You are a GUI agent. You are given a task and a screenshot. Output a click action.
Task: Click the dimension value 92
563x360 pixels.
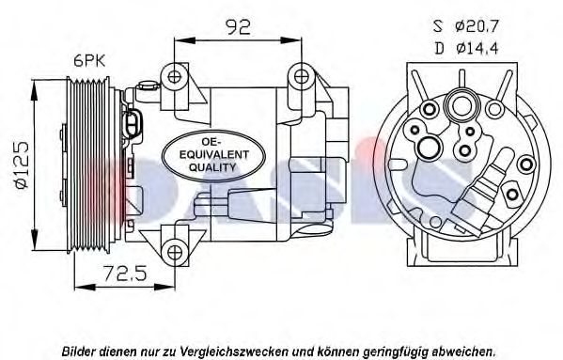238,26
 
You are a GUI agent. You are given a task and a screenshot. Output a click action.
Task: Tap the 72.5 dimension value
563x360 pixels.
125,274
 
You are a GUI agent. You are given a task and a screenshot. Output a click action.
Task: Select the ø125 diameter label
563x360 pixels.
22,165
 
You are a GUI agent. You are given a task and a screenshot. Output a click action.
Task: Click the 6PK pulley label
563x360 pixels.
89,61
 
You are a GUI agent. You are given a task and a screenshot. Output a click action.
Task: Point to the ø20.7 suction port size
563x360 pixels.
477,26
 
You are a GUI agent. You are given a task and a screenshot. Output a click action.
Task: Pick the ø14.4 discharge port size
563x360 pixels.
477,48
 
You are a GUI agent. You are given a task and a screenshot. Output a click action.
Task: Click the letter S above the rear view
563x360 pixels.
438,26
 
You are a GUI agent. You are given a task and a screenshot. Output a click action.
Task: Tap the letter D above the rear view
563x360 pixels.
439,48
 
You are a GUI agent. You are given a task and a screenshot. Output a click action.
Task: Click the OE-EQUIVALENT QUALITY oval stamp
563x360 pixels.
214,155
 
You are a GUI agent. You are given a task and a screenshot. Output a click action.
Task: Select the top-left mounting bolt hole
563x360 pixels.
175,76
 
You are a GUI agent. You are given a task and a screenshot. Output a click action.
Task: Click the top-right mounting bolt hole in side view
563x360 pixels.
301,76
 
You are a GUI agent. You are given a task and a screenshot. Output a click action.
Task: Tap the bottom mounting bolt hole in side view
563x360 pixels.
175,252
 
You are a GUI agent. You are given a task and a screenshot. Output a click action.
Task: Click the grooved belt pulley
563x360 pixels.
89,165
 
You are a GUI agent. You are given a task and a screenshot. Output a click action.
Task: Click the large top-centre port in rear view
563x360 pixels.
461,105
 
